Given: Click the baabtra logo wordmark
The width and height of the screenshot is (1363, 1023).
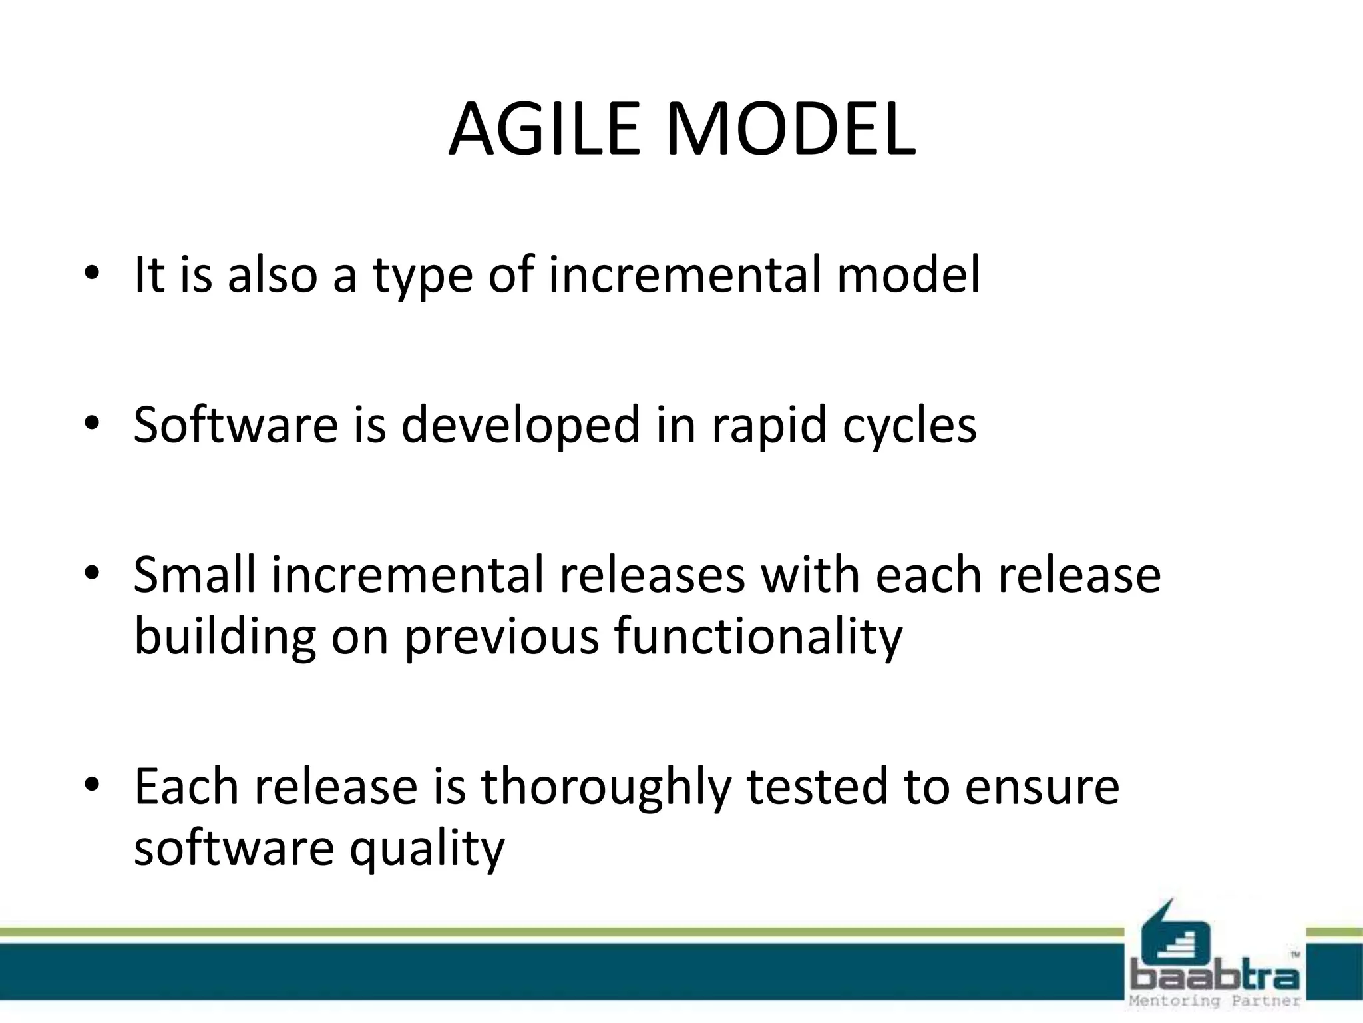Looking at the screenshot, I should pyautogui.click(x=1215, y=978).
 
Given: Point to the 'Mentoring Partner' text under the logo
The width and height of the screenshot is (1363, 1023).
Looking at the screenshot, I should pyautogui.click(x=1215, y=1001).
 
